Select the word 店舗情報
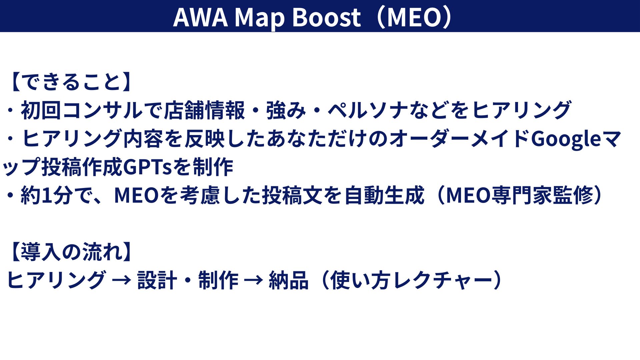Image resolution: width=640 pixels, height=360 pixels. (205, 110)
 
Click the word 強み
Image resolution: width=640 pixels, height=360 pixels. (286, 110)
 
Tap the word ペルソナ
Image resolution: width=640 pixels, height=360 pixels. (368, 110)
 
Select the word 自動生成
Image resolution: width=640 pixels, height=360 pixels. (384, 195)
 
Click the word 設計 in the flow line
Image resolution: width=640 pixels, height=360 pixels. (157, 280)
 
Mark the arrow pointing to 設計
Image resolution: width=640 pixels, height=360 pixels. (122, 280)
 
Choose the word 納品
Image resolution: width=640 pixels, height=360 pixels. (289, 280)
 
